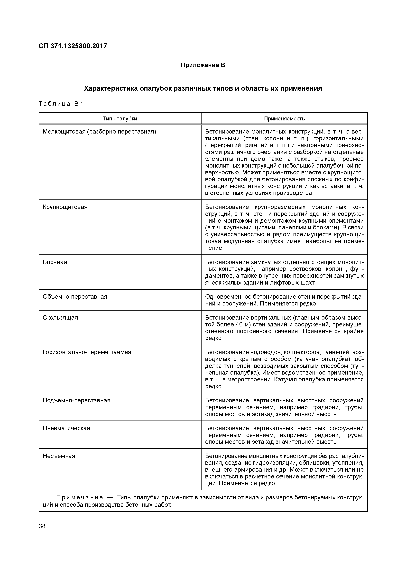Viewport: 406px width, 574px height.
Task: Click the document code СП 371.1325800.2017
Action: (73, 46)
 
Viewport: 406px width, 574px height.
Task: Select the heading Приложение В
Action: (203, 65)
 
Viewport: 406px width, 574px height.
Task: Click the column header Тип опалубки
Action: (120, 118)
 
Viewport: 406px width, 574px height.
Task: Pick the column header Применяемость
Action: (284, 118)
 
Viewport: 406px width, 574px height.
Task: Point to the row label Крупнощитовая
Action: (65, 207)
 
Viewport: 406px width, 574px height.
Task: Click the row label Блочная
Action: (55, 262)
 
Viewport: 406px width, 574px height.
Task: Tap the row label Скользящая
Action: (60, 317)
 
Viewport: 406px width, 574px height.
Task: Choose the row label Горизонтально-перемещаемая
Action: (87, 352)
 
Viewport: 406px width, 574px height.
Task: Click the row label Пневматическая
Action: (66, 428)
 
